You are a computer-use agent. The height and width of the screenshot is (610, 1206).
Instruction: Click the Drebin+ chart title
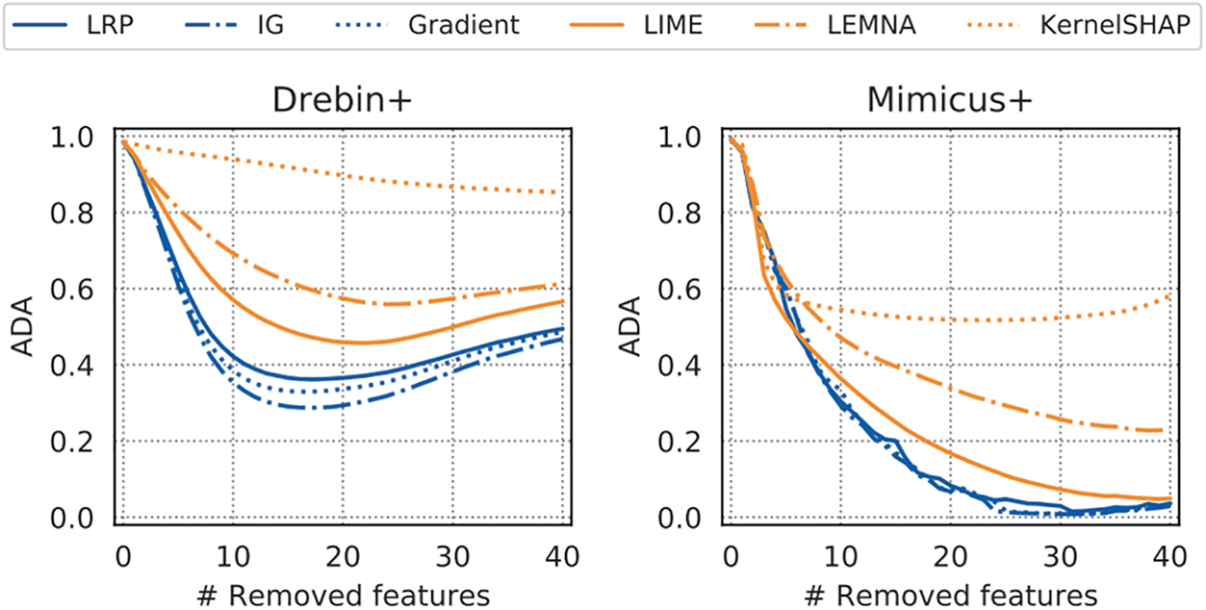click(x=341, y=100)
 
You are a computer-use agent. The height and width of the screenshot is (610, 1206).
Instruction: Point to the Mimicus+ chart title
click(x=948, y=100)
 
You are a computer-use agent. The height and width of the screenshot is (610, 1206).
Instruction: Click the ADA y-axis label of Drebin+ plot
click(x=22, y=327)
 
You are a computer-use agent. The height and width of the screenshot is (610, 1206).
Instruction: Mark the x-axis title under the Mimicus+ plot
click(x=948, y=589)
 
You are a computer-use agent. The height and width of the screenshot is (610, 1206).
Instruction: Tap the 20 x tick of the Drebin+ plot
click(x=341, y=555)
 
